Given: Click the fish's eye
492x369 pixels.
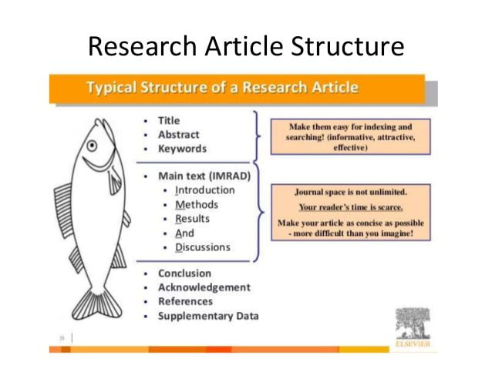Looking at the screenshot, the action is (92, 146).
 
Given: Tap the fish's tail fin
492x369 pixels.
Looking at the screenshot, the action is (97, 305).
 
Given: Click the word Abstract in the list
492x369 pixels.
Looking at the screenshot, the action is (179, 135).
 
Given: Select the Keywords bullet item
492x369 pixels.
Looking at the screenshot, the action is (182, 149).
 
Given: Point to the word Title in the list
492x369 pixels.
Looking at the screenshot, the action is (169, 121).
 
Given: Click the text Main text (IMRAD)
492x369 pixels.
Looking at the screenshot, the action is (204, 176).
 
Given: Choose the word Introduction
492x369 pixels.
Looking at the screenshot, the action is (205, 190).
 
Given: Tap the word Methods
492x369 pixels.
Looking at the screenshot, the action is (197, 204).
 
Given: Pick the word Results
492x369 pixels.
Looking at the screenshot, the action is (192, 219).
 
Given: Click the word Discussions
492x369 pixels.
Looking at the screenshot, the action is (203, 247).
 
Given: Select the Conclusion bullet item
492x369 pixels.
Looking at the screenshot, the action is (184, 273).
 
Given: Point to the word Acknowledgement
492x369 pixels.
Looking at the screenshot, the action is (204, 287).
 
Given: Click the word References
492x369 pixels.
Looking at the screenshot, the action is (185, 301).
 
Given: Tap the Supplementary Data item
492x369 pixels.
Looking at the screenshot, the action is (208, 316).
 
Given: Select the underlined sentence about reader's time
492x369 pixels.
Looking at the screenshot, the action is (351, 207).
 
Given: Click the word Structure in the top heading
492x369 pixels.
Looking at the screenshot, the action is (347, 46).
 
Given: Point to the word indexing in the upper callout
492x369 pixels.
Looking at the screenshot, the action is (377, 126).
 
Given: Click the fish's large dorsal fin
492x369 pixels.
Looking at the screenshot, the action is (64, 210).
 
